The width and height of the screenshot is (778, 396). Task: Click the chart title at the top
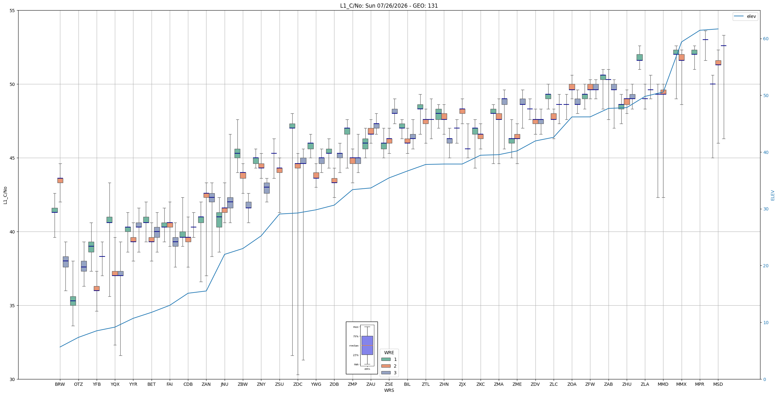tap(389, 6)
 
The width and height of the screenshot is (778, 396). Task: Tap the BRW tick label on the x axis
tap(60, 384)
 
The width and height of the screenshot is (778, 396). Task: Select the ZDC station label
tap(298, 384)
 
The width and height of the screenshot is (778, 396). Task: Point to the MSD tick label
tap(718, 384)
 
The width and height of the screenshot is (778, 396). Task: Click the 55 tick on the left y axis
tap(13, 11)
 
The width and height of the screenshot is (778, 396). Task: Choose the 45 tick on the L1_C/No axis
tap(13, 158)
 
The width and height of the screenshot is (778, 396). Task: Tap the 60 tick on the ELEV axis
tap(766, 39)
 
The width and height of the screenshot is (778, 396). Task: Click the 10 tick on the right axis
tap(766, 323)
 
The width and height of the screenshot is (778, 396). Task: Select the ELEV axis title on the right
tap(773, 195)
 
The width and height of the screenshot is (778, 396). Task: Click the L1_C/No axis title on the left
tap(5, 195)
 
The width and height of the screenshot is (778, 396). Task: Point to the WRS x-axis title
tap(389, 390)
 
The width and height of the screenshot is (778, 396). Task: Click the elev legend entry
tap(745, 16)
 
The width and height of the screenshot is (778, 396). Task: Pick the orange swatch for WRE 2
tap(386, 366)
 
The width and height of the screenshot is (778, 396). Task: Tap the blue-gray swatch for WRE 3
tap(386, 373)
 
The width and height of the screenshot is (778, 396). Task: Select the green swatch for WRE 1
tap(386, 359)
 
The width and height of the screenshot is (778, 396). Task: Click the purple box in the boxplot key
tap(367, 345)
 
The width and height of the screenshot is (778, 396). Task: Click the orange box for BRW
tap(60, 180)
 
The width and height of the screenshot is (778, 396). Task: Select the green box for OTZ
tap(73, 301)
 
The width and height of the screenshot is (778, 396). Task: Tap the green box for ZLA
tap(640, 57)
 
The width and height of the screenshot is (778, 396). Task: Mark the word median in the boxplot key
tap(354, 346)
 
